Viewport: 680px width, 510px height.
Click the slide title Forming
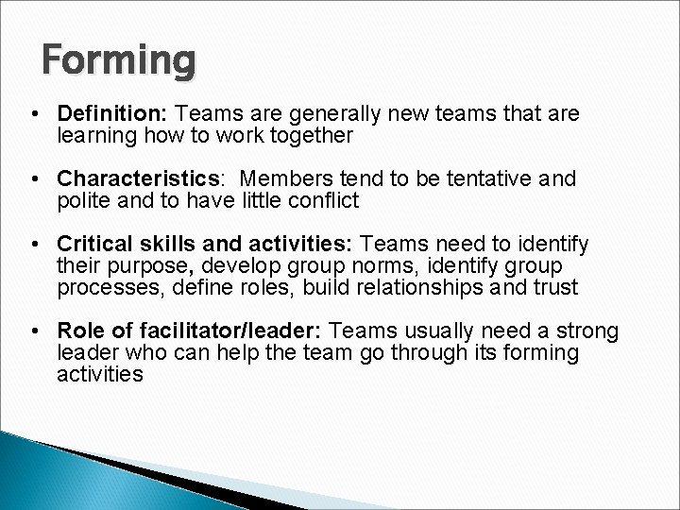pos(120,61)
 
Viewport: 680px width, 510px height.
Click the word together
pos(308,135)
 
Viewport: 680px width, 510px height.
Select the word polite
pos(85,200)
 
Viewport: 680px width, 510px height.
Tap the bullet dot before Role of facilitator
pos(34,331)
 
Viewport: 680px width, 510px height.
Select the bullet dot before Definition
pos(34,114)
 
